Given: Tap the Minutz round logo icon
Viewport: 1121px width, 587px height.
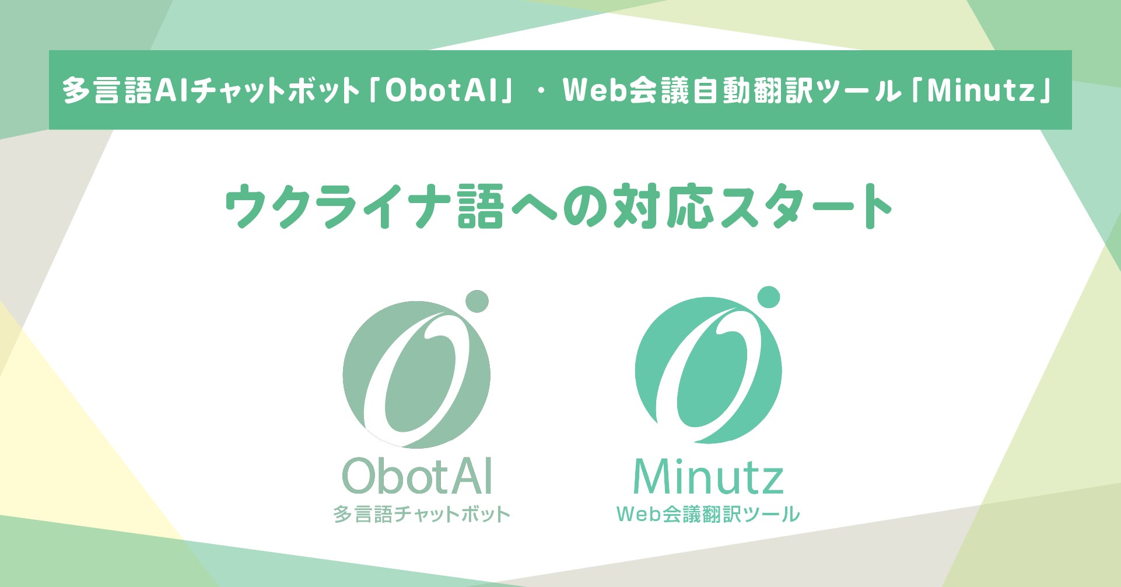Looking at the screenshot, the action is coord(708,371).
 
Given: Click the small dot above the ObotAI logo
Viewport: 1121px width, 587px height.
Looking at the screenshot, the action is coord(477,301).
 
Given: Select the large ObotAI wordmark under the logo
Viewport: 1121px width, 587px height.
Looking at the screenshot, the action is coord(418,477).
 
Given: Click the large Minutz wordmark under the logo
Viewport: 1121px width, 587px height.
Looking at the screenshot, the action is coord(708,477).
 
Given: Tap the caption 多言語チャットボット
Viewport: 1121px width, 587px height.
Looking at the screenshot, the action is coord(422,515).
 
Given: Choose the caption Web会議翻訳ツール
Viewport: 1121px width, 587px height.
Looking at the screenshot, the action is coord(708,514).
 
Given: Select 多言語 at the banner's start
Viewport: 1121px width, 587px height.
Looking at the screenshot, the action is coord(107,91).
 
